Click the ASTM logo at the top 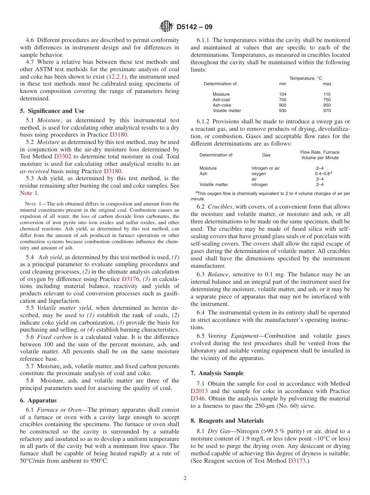pyautogui.click(x=166, y=27)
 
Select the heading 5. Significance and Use pyautogui.click(x=52, y=111)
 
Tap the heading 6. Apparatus pyautogui.click(x=38, y=400)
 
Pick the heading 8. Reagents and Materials pyautogui.click(x=227, y=421)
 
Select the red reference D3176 pyautogui.click(x=130, y=279)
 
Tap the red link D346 pyautogui.click(x=197, y=398)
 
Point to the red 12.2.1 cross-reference pyautogui.click(x=116, y=77)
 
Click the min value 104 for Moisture pyautogui.click(x=282, y=94)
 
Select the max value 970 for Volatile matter pyautogui.click(x=327, y=111)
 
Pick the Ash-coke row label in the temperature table pyautogui.click(x=222, y=105)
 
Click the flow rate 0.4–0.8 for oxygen pyautogui.click(x=322, y=174)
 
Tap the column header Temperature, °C pyautogui.click(x=305, y=78)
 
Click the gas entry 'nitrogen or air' pyautogui.click(x=265, y=168)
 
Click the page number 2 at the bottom pyautogui.click(x=185, y=478)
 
